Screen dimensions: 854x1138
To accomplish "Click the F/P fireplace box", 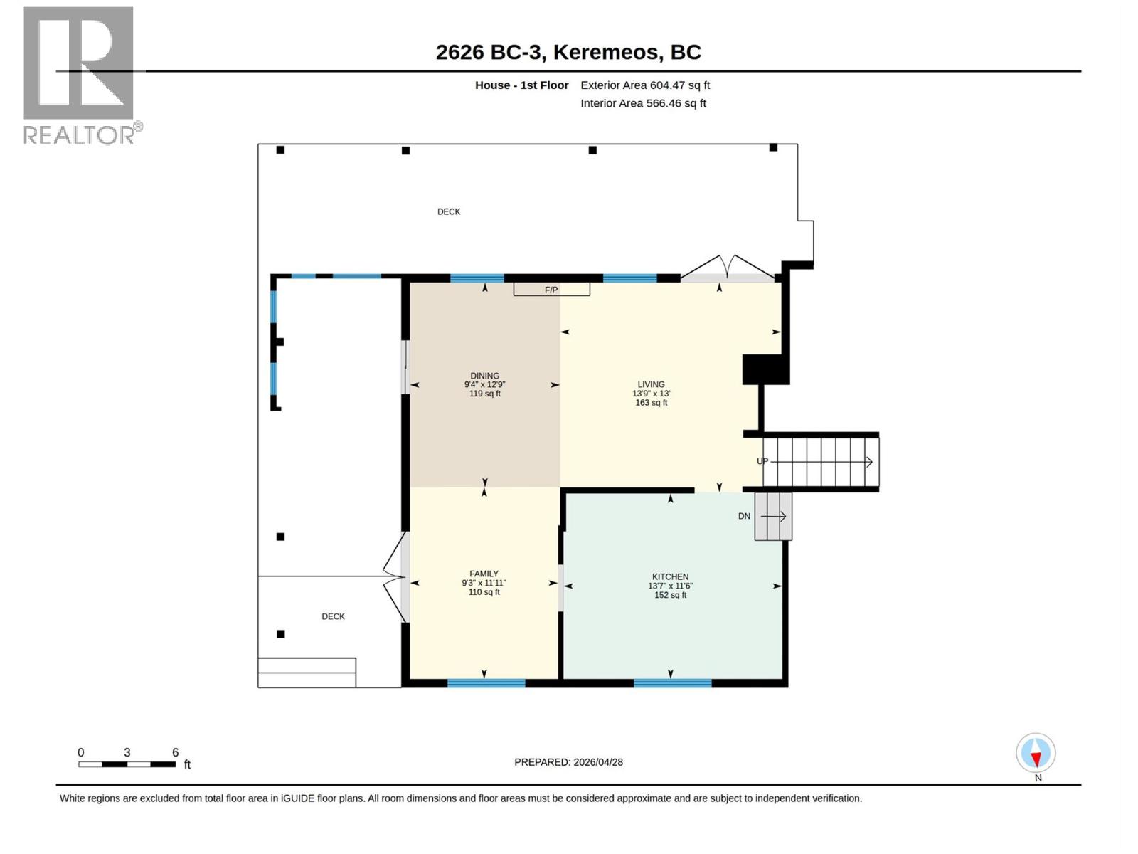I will pos(551,289).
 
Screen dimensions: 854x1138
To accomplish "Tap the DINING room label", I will pos(484,376).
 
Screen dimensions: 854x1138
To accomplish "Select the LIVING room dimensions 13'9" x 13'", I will pos(651,394).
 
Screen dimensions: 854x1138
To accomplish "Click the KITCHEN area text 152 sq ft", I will pos(670,595).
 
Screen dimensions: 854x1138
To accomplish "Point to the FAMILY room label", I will pos(484,574).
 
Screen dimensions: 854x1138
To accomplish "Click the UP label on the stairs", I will pos(762,461).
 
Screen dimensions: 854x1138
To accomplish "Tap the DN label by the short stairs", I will pos(744,516).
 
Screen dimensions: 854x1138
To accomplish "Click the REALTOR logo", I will pos(80,75).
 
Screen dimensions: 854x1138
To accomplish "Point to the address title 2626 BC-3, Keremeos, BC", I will pos(568,52).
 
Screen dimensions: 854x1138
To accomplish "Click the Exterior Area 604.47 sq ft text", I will pos(644,85).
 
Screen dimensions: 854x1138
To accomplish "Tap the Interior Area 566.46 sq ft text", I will pos(642,103).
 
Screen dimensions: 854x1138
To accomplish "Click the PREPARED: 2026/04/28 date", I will pos(568,761).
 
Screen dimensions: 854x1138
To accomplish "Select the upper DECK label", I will pos(448,211).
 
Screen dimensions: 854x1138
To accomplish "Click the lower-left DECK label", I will pos(333,616).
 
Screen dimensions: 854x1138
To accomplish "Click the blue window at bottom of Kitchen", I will pos(672,683).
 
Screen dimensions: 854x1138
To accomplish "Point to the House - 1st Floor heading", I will pos(521,85).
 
